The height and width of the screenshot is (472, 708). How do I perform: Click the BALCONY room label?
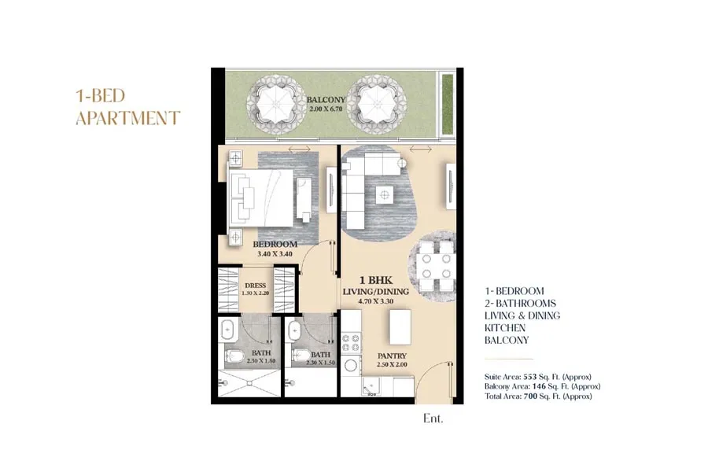(x=326, y=99)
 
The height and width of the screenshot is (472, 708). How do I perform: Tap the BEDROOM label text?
(x=275, y=245)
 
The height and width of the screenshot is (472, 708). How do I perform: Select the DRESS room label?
(x=255, y=286)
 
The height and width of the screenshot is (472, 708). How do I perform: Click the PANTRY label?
(x=392, y=356)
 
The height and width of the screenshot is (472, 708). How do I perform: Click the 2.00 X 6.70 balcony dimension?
(x=326, y=109)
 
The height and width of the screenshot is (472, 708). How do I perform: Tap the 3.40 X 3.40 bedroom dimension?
(x=275, y=254)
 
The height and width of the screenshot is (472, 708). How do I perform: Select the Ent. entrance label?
(x=433, y=419)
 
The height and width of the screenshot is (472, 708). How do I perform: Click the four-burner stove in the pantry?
(x=350, y=342)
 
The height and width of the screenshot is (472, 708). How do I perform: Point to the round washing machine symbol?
(x=351, y=365)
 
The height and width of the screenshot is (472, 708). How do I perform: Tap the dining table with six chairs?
(x=433, y=266)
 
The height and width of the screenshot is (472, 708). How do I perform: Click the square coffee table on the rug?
(x=385, y=195)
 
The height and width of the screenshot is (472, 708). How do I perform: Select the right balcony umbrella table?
(x=377, y=105)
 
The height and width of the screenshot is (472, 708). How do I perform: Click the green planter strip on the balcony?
(x=448, y=105)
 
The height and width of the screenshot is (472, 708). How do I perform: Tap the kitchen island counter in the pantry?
(x=400, y=327)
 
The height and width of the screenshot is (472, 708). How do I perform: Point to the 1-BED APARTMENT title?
(x=127, y=107)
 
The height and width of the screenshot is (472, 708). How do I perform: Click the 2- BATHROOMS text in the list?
(x=520, y=303)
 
